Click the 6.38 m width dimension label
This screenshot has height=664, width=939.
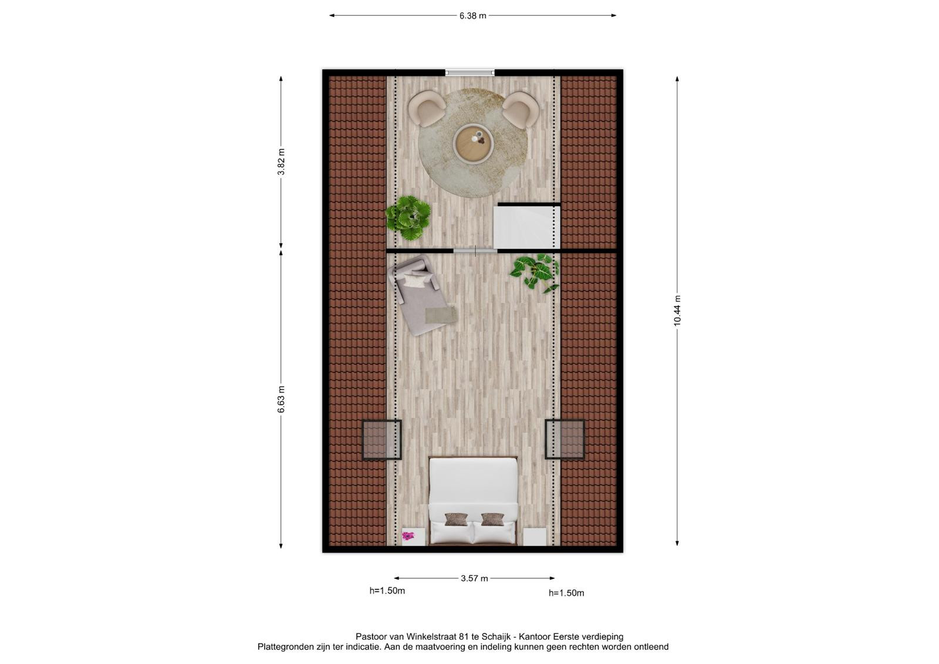pyautogui.click(x=472, y=16)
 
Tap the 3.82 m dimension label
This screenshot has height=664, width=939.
pyautogui.click(x=281, y=162)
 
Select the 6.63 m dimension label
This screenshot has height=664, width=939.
pyautogui.click(x=281, y=399)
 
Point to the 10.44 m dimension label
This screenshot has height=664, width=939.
pyautogui.click(x=677, y=311)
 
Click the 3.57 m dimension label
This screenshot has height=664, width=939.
pyautogui.click(x=474, y=578)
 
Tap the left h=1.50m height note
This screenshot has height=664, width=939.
pyautogui.click(x=387, y=591)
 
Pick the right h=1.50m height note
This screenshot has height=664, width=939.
pyautogui.click(x=566, y=593)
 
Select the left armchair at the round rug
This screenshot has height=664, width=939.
pyautogui.click(x=427, y=108)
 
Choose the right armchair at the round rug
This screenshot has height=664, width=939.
pyautogui.click(x=520, y=110)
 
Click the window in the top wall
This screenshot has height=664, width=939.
pyautogui.click(x=470, y=73)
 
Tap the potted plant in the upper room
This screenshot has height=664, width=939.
pyautogui.click(x=408, y=218)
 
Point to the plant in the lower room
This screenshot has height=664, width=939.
pyautogui.click(x=535, y=273)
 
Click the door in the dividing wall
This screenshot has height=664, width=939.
pyautogui.click(x=475, y=251)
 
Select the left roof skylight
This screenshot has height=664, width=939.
pyautogui.click(x=381, y=440)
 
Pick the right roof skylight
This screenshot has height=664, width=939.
pyautogui.click(x=565, y=439)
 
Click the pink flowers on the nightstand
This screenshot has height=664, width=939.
pyautogui.click(x=408, y=535)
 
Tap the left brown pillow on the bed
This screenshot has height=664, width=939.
pyautogui.click(x=456, y=520)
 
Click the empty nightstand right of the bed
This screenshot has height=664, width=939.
pyautogui.click(x=535, y=537)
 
